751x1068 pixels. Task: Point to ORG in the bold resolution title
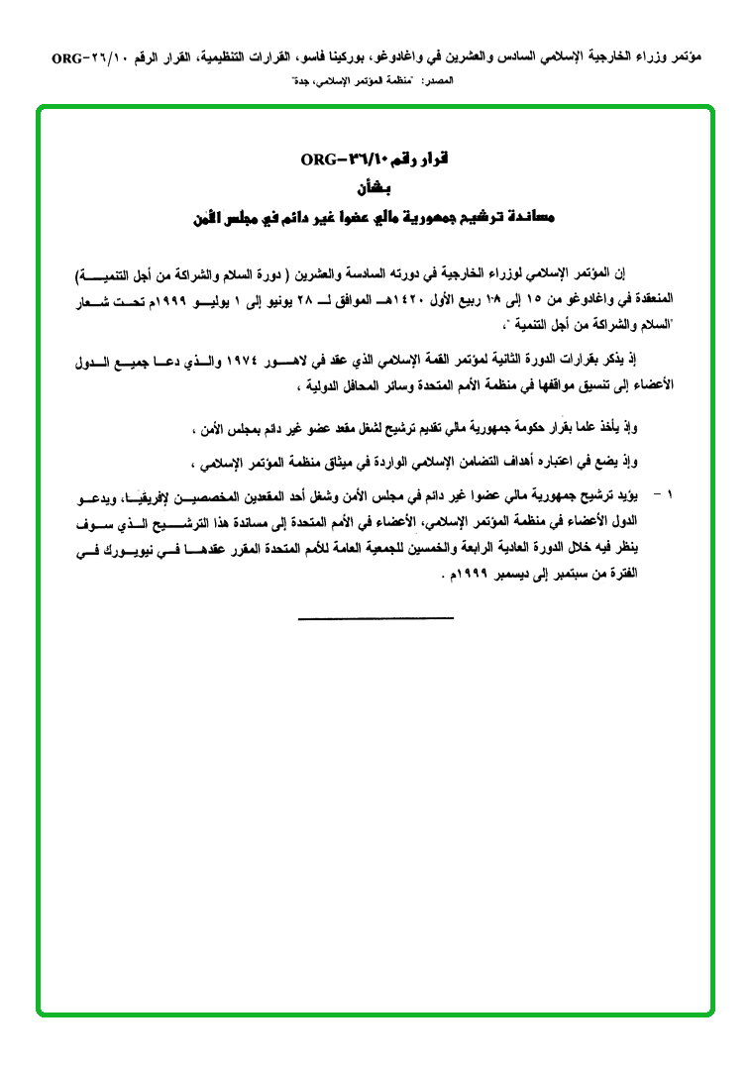click(x=317, y=160)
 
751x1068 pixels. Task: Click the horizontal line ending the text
click(x=375, y=620)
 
